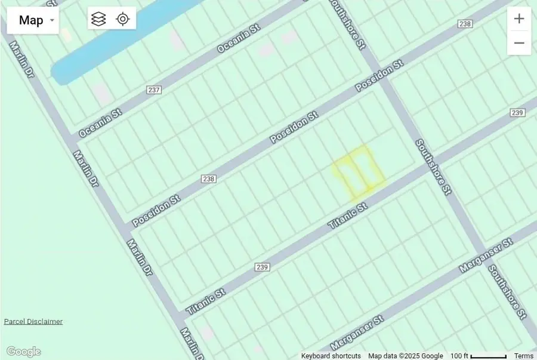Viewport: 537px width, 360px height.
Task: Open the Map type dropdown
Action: point(33,20)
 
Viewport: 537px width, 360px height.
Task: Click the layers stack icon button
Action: point(98,19)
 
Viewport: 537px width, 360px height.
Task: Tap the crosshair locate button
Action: point(123,19)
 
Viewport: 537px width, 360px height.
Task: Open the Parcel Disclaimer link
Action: point(33,321)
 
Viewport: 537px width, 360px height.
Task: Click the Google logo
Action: point(23,352)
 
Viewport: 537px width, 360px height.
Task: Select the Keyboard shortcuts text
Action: point(331,356)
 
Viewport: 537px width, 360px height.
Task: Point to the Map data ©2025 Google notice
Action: point(405,356)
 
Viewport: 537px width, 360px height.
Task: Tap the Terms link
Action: point(523,356)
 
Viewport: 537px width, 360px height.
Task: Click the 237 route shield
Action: point(154,90)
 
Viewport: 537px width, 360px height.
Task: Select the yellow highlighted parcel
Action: point(358,172)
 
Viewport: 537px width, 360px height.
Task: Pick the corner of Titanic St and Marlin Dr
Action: point(180,315)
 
